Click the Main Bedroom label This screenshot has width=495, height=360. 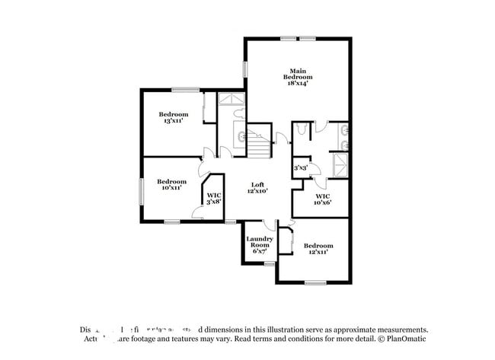298,74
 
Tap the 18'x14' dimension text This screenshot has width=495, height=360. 298,84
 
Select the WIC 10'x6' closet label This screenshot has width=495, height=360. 323,199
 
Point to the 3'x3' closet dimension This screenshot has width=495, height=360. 300,167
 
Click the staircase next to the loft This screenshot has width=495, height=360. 260,141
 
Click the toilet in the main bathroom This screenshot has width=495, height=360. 304,130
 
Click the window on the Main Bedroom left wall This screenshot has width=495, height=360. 245,68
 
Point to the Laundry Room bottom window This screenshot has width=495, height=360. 269,263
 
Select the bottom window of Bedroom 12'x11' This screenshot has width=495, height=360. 315,282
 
